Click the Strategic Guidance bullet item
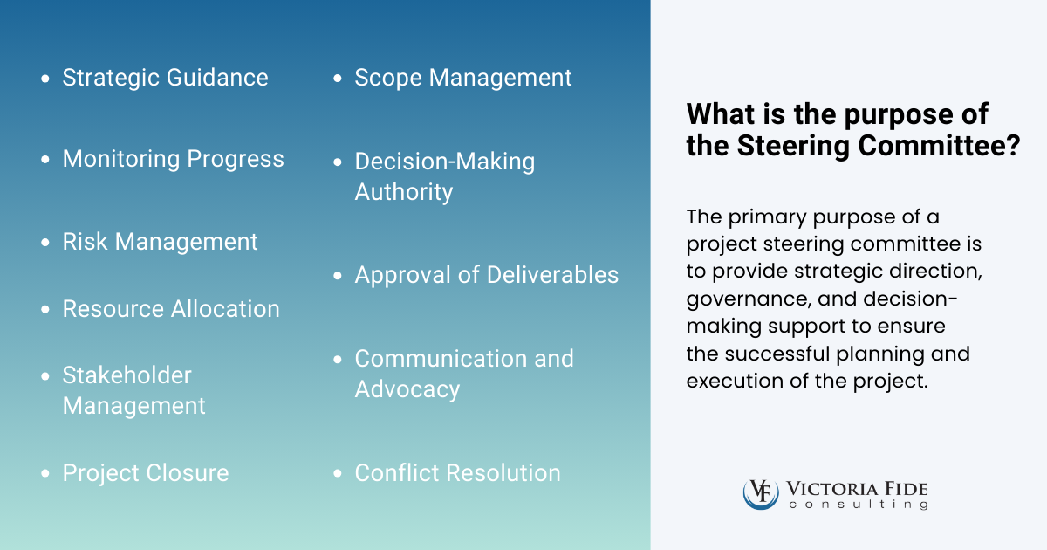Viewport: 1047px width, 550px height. pos(165,78)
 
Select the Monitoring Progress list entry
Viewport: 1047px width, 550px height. pos(173,159)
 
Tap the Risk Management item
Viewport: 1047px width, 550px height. pos(160,242)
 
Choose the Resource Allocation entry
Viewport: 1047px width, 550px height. pos(171,309)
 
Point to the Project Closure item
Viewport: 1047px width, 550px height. pos(146,473)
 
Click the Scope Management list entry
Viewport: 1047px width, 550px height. pos(462,78)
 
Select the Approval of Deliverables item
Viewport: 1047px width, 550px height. pos(486,275)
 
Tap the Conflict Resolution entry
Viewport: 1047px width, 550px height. pos(457,473)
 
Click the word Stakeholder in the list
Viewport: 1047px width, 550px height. pos(127,375)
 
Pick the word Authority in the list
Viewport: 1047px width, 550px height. pos(403,192)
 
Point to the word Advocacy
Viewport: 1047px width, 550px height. pos(407,389)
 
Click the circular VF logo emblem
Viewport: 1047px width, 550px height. pos(760,493)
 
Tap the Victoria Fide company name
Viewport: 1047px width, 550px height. pos(858,488)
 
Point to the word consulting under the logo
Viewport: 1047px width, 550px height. pos(858,505)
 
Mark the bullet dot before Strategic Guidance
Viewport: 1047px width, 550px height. pos(45,79)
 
